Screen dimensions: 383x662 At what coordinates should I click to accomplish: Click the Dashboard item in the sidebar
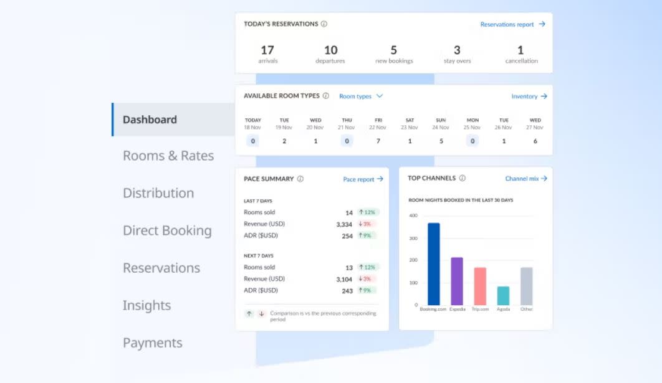150,120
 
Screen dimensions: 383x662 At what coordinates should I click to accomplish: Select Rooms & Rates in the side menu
168,156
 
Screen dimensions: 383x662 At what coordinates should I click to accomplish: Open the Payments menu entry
153,343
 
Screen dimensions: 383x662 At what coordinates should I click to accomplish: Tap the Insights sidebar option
146,305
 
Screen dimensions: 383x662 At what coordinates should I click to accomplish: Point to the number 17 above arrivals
267,50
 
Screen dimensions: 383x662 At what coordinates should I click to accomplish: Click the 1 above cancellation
520,50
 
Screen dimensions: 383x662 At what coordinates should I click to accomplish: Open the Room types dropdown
361,97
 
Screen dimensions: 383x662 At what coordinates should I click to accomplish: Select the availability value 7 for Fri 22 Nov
378,141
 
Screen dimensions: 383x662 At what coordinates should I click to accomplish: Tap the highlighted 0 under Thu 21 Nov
347,141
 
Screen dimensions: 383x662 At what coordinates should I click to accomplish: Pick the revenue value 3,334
343,224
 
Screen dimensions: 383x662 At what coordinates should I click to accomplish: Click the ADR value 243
347,291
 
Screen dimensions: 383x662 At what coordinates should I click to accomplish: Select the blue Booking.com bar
433,264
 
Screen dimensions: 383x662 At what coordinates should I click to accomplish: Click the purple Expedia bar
457,281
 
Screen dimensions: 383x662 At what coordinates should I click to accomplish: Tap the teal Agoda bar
503,296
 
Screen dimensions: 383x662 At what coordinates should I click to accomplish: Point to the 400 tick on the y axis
413,215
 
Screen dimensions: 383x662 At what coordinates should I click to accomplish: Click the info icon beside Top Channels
462,178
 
